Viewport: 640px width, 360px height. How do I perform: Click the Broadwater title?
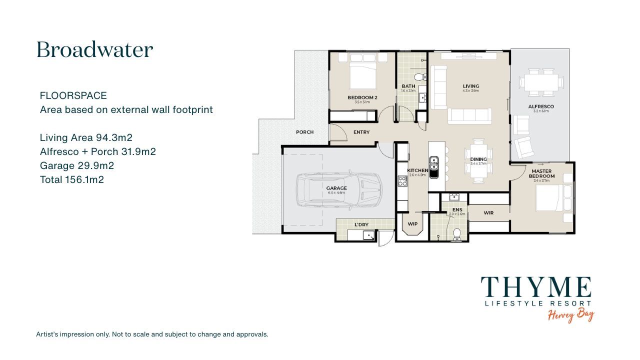(x=94, y=50)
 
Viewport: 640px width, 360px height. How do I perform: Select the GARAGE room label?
(x=336, y=188)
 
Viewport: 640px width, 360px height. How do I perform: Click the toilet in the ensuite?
(x=456, y=233)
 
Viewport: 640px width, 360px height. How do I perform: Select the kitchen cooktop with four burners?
(x=402, y=181)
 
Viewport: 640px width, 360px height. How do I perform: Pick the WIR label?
(x=488, y=213)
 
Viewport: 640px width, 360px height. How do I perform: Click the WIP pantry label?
(x=412, y=224)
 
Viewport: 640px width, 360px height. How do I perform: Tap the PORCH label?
(x=304, y=132)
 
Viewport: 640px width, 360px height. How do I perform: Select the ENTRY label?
(x=361, y=132)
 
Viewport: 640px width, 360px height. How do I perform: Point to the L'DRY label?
(x=361, y=225)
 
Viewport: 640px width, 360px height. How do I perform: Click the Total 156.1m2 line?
(x=72, y=179)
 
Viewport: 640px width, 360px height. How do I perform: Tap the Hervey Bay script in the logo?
(x=570, y=315)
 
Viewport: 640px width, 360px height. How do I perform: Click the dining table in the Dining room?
(x=479, y=161)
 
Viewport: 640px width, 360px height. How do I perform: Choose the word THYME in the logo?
(x=536, y=288)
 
